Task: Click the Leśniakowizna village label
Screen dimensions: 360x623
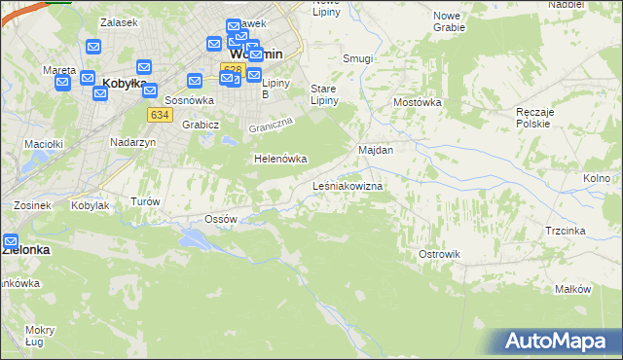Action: click(347, 185)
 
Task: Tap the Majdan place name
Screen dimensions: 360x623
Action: click(376, 151)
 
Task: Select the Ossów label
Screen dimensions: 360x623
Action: click(222, 219)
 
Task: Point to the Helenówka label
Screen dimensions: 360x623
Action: click(280, 159)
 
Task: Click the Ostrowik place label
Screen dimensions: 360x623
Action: click(438, 254)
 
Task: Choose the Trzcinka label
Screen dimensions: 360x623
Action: click(565, 231)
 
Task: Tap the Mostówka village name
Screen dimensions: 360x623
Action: click(418, 102)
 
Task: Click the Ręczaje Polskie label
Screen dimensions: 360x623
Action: click(534, 118)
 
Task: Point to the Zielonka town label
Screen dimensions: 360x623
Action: click(25, 249)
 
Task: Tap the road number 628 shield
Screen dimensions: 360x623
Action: click(231, 69)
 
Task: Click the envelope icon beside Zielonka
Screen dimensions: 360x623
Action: click(11, 240)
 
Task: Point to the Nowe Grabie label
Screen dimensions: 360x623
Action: click(447, 21)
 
